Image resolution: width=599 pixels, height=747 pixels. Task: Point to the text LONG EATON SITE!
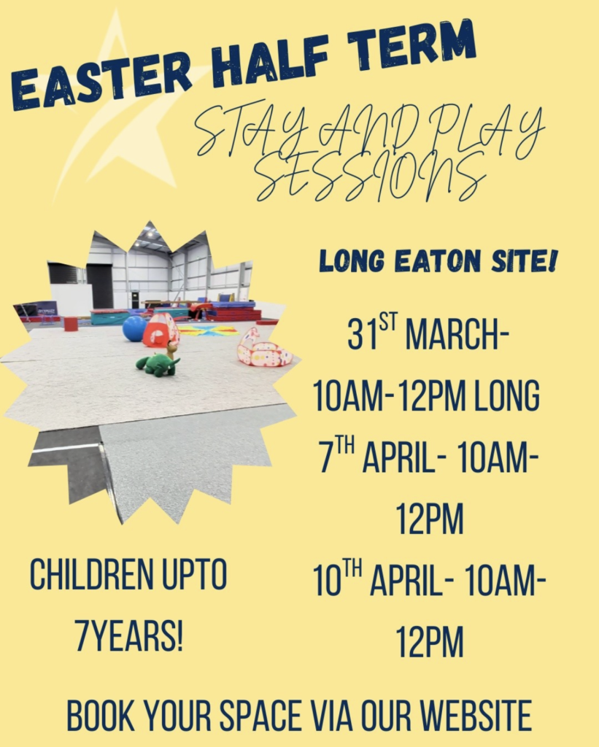coord(438,262)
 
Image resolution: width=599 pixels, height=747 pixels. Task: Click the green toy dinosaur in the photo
coord(158,362)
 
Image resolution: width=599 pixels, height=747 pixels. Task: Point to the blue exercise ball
coord(134,329)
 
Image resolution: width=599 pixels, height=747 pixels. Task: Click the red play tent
coord(161,330)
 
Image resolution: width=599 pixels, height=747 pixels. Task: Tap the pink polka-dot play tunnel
coord(263,349)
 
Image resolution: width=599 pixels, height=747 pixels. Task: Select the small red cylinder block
coord(71,324)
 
